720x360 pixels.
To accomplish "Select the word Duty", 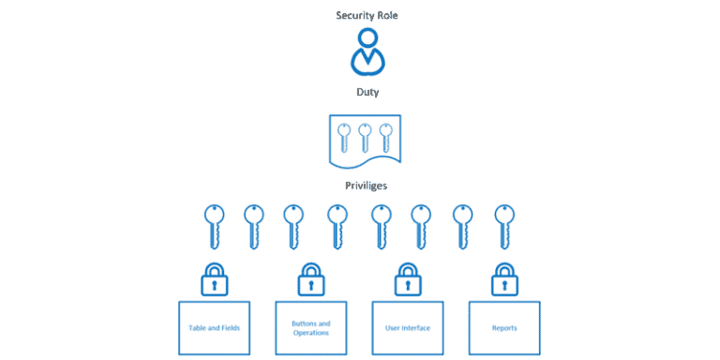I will point(367,93).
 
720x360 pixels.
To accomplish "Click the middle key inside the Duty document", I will point(366,138).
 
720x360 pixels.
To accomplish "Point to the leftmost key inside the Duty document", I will point(345,138).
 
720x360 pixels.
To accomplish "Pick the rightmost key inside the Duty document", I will point(385,138).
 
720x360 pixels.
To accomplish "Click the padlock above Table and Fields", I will point(215,277).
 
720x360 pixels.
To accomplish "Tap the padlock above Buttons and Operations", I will point(311,277).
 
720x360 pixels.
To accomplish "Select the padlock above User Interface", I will point(408,277).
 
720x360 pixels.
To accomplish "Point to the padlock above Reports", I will point(504,277).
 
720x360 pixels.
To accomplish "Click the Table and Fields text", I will point(215,328).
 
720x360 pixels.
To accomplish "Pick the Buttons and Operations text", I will point(311,328).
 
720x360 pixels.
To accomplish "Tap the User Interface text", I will point(408,328).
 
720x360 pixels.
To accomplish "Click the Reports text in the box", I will point(504,328).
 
